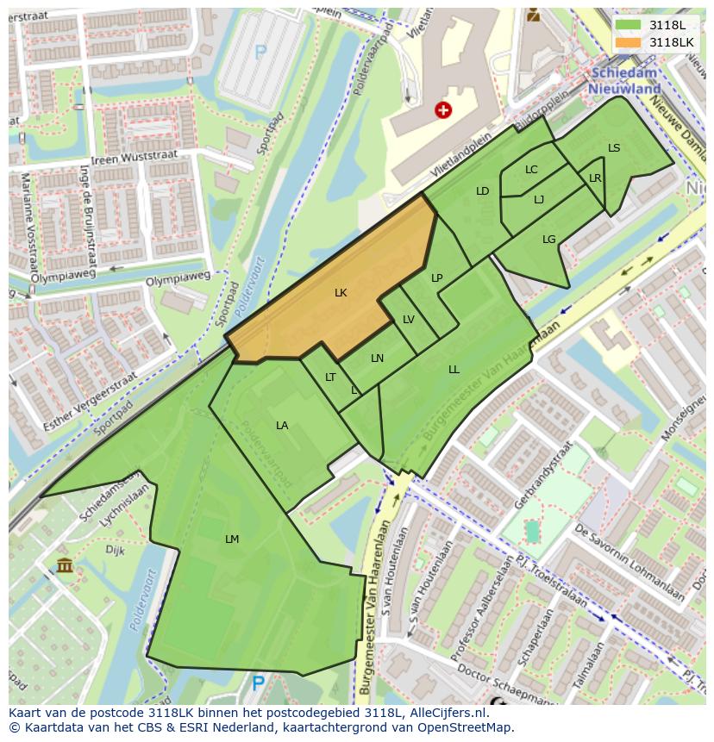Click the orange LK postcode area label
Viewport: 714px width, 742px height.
point(341,293)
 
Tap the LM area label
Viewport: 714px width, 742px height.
point(231,539)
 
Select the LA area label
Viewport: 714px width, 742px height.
point(282,426)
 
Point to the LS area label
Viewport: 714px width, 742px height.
point(614,148)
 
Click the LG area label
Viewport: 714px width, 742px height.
point(549,240)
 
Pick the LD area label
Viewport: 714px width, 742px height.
point(482,191)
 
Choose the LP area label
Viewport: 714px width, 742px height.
point(437,278)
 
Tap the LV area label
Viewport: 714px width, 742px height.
point(409,320)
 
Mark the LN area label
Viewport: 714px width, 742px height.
point(377,359)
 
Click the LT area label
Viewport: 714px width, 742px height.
point(330,377)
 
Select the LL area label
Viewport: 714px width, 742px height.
point(454,370)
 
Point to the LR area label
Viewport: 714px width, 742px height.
point(595,178)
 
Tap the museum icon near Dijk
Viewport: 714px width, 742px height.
point(65,565)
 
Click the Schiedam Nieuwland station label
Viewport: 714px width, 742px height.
point(624,82)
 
